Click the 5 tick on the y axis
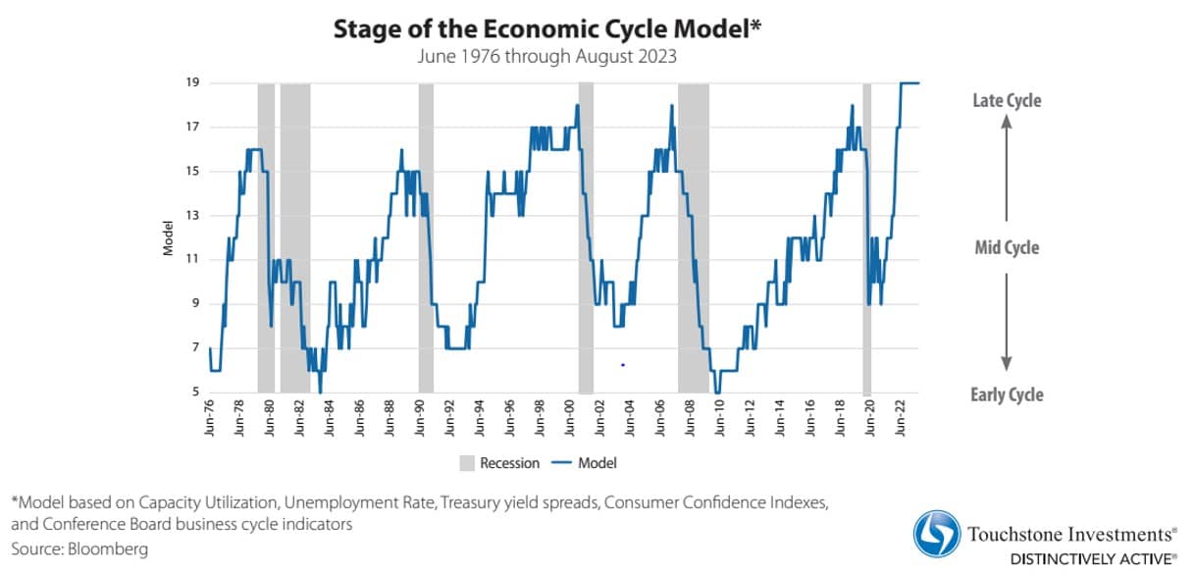[x=196, y=393]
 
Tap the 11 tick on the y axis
[x=193, y=260]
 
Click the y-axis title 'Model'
[x=168, y=238]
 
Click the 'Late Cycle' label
[x=1007, y=100]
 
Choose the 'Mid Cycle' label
[x=1007, y=247]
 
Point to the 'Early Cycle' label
[x=1007, y=394]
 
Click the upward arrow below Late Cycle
[x=1006, y=167]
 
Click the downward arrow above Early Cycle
[x=1006, y=324]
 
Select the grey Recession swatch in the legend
[x=467, y=462]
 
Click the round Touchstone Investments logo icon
[x=937, y=535]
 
